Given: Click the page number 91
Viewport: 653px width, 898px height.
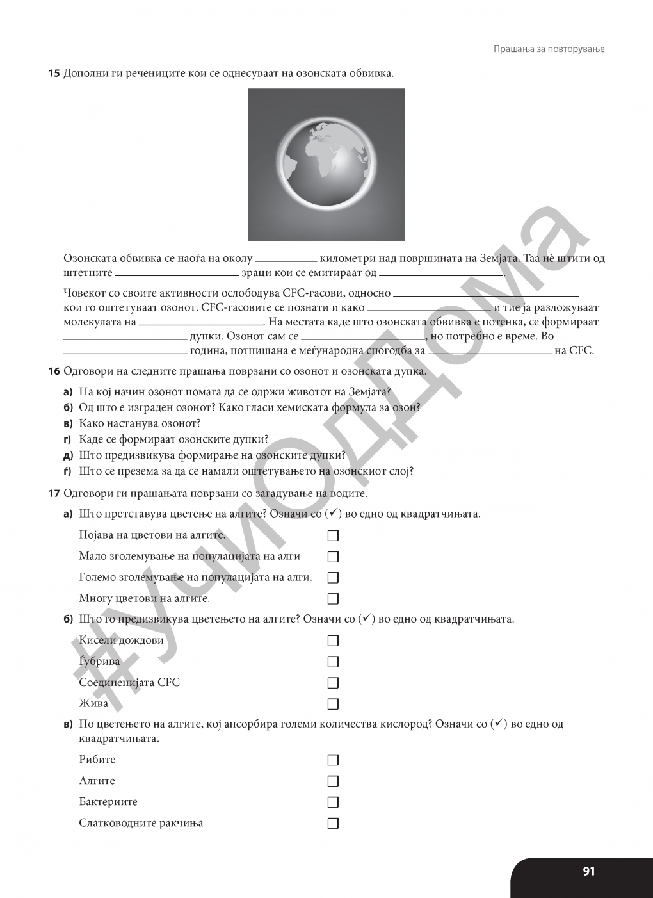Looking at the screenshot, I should [588, 871].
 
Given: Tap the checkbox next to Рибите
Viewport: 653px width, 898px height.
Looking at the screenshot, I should [333, 760].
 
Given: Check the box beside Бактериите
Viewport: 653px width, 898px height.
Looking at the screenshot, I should [333, 803].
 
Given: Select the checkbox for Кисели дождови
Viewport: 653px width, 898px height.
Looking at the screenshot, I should [333, 641].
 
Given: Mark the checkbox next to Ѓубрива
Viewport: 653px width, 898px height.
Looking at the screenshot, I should [333, 662].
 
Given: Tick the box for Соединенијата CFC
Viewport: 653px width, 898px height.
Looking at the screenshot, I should [333, 683].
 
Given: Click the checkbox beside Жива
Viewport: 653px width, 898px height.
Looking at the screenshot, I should [333, 704].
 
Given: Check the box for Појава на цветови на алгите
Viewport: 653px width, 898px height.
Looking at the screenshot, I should [333, 535].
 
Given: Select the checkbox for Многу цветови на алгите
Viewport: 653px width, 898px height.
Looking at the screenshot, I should [333, 599].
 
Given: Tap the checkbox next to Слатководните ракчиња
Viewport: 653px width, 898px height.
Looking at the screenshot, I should [333, 824].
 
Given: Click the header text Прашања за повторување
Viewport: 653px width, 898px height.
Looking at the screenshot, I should [549, 49].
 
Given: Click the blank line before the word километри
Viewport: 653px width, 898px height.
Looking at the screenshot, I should [286, 260].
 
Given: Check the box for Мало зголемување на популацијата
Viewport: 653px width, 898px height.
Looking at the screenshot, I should [333, 557].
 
